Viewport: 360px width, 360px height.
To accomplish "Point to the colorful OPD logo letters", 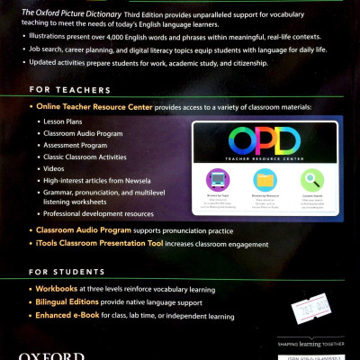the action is point(265,139).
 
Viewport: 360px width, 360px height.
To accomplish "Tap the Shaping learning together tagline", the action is point(311,341).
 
